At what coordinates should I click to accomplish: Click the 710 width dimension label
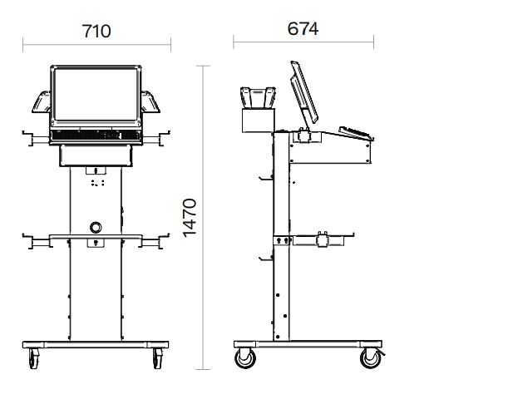pos(96,31)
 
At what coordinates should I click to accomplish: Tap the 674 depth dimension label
pos(303,28)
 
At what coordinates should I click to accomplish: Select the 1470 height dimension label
pos(190,218)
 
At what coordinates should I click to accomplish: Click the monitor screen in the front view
pos(96,94)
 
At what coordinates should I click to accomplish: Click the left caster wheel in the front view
pos(34,358)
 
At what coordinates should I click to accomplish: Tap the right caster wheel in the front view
pos(158,358)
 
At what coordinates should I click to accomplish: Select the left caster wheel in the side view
pos(245,358)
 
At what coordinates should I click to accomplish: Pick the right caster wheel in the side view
pos(372,358)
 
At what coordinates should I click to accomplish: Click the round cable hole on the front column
pos(96,227)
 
